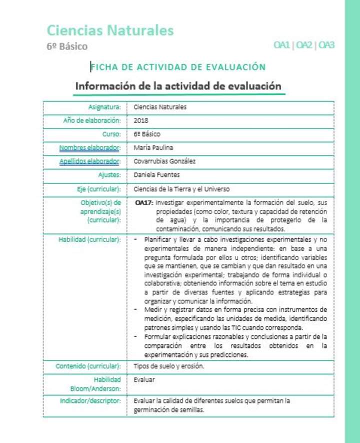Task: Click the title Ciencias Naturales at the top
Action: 110,30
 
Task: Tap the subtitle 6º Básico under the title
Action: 67,46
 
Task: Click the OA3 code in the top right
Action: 326,45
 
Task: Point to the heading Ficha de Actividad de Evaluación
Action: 178,67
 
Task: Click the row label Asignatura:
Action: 104,107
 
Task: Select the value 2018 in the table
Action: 141,120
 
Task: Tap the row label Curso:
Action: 111,134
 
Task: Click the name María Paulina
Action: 153,147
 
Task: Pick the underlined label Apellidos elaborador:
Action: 90,161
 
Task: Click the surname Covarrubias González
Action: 164,161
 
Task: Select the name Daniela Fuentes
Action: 156,175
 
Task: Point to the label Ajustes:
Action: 109,175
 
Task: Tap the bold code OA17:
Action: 144,203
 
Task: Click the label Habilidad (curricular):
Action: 89,239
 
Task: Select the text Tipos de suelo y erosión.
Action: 169,366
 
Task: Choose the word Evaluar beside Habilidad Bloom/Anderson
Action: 144,379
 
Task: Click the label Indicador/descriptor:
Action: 90,401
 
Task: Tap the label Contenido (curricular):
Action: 88,366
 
